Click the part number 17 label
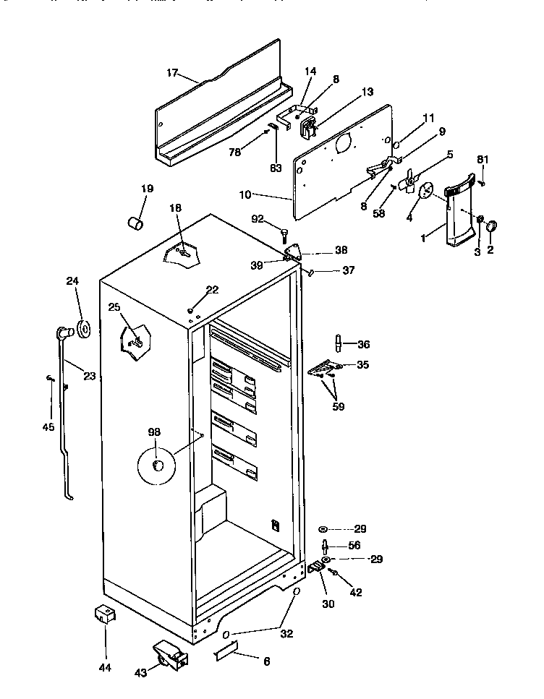click(172, 72)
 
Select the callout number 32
click(287, 634)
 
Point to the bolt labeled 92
click(284, 233)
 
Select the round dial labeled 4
click(425, 189)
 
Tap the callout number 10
click(244, 195)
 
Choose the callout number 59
click(339, 406)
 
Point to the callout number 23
click(89, 375)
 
